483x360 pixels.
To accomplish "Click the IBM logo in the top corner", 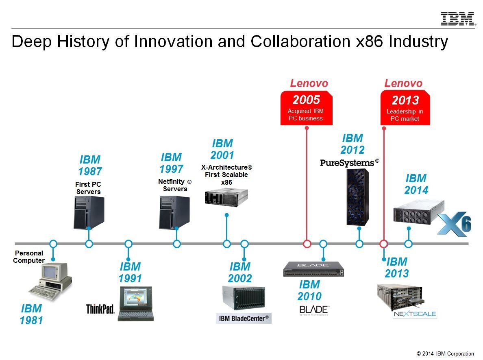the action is [458, 19].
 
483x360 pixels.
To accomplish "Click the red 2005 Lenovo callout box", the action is [306, 108].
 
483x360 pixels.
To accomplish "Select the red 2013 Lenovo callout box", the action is [405, 108].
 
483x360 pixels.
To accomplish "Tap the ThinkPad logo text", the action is [100, 309].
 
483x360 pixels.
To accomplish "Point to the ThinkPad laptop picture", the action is [136, 303].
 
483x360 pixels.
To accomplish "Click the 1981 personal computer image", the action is [50, 281].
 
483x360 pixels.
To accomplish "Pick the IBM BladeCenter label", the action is [244, 319].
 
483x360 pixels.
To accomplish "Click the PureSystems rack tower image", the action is [358, 197].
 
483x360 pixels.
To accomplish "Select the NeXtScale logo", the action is [415, 314].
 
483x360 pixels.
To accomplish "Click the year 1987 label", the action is [90, 171].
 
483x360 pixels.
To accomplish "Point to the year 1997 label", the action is [171, 169].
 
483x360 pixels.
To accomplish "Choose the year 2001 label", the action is [222, 155].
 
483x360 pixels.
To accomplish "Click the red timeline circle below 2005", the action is [307, 244].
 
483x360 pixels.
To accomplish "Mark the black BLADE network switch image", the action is [313, 269].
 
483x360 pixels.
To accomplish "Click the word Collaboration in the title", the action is [300, 41].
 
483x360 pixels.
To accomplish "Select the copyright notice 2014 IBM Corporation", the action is [445, 353].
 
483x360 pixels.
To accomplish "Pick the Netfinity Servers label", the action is [175, 185].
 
